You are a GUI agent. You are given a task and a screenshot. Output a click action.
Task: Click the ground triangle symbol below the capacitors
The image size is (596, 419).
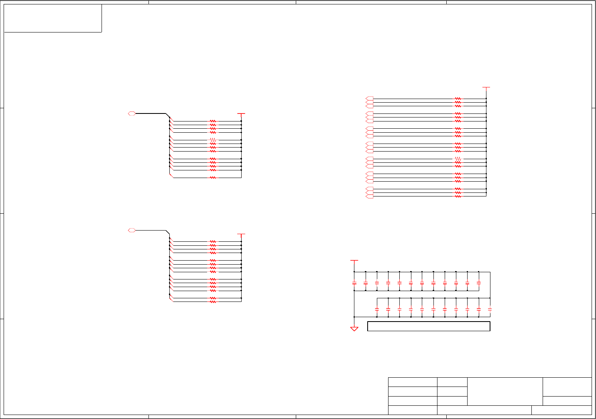354,329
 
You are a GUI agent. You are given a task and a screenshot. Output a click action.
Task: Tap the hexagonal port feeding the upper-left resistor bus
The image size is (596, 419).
132,113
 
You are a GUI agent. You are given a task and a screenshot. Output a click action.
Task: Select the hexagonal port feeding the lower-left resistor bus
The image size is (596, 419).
132,230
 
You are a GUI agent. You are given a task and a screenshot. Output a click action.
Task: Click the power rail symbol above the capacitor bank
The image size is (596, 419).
354,261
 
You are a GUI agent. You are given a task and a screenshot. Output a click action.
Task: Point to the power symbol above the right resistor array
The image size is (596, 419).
486,87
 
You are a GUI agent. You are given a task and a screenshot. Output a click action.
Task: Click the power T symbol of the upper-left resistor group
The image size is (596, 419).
241,114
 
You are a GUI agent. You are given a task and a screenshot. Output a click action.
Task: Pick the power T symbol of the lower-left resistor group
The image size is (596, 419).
241,235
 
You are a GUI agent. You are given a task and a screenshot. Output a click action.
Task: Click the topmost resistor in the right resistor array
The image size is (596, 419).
458,98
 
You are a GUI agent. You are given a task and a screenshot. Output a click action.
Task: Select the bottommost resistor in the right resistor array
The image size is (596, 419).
458,196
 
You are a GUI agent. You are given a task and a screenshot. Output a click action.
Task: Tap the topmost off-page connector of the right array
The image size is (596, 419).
370,98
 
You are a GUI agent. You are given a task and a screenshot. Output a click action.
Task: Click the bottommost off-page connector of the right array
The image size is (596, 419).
370,196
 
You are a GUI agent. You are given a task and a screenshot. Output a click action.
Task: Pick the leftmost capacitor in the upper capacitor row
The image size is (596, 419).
354,283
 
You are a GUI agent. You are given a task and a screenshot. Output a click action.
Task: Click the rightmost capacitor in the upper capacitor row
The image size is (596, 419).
478,283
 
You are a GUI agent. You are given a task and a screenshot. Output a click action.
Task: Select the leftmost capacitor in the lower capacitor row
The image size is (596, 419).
377,309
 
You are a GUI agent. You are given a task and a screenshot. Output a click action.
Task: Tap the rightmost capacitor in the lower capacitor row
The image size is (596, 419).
490,309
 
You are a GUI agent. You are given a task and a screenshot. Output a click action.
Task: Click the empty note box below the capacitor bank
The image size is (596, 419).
429,326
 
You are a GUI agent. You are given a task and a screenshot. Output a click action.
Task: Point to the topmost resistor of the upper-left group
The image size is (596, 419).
213,121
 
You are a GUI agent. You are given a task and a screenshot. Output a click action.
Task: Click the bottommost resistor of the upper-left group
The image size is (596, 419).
213,178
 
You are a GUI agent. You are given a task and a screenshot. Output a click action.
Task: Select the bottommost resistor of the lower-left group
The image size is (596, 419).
213,302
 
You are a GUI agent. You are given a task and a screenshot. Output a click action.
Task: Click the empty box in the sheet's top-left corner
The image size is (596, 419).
53,18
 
